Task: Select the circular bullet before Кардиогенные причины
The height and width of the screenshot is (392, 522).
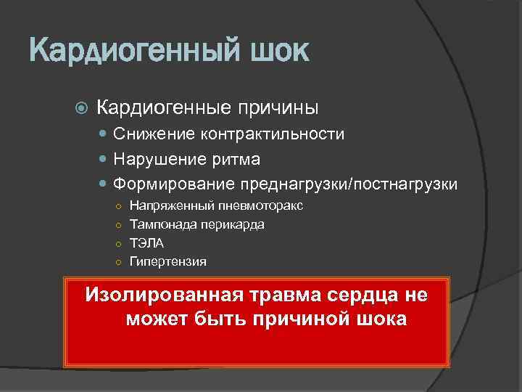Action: click(80, 109)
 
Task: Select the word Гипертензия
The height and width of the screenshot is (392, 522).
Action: click(167, 261)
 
